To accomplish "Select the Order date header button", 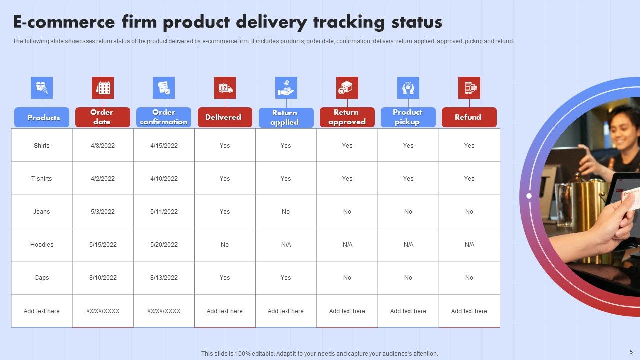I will [x=102, y=117].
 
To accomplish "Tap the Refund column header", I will [x=469, y=117].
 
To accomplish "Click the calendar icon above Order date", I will [x=103, y=88].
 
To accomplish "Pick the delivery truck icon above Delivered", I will [x=225, y=88].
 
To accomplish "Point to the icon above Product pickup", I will [x=408, y=88].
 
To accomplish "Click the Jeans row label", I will [x=42, y=212].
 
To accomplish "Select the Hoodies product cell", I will [x=42, y=245].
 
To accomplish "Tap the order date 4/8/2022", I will [x=103, y=146].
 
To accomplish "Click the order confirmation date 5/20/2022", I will [x=164, y=245].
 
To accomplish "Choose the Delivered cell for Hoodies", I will [x=225, y=245].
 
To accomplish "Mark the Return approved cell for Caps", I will [x=347, y=278].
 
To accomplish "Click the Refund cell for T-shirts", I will [x=469, y=179].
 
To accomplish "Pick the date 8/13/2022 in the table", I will [x=164, y=278].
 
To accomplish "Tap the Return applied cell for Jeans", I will [x=286, y=212].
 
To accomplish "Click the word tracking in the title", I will [x=349, y=22].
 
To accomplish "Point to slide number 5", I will [x=631, y=352].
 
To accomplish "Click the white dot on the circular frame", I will [x=529, y=196].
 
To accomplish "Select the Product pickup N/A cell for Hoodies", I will [x=408, y=245].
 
